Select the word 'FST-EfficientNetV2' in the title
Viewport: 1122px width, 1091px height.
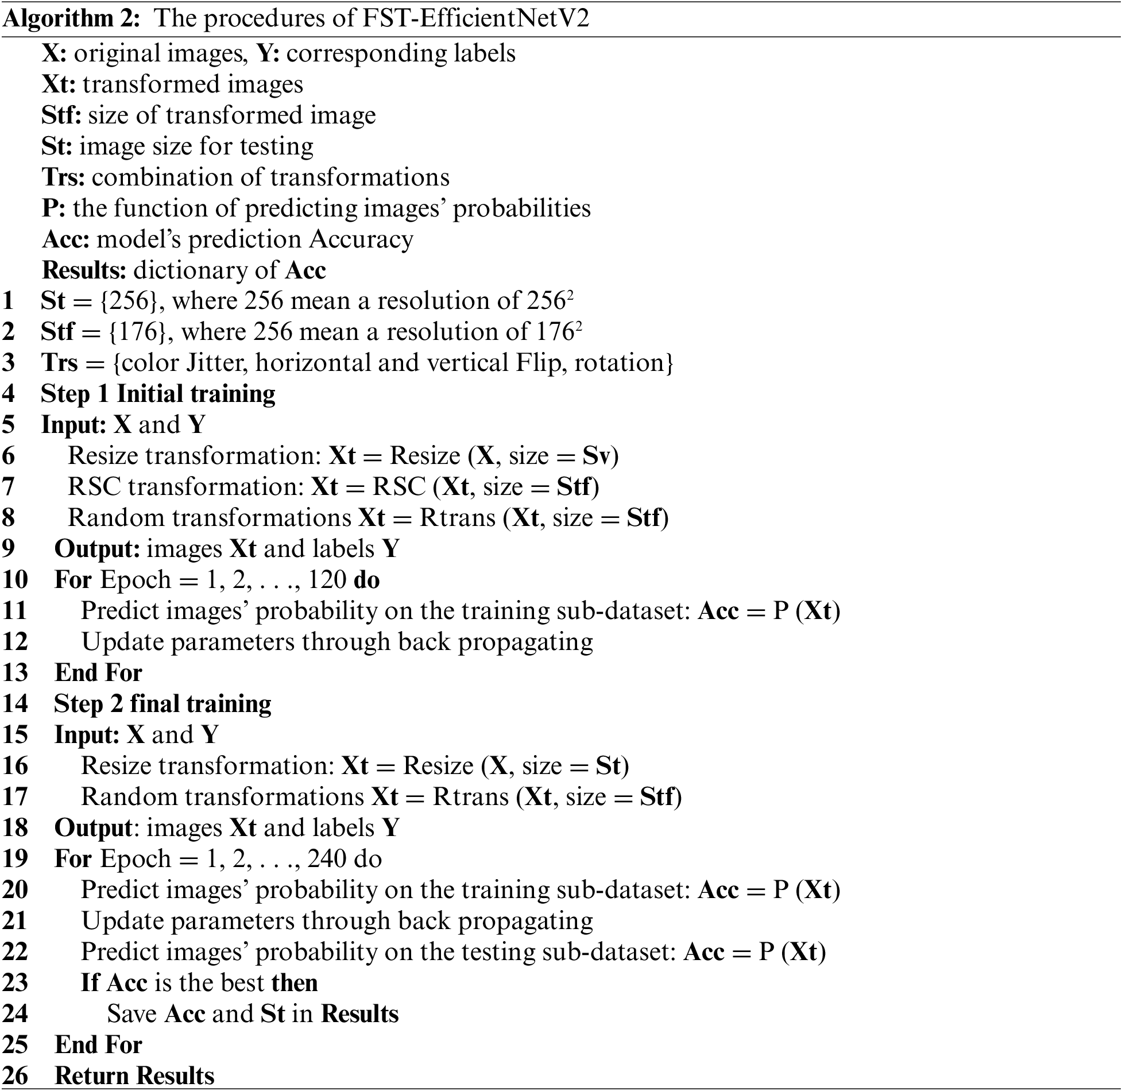coord(475,19)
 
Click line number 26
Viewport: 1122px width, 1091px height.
coord(16,1075)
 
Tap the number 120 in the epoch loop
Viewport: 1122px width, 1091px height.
coord(327,580)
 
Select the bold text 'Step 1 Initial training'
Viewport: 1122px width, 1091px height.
coord(158,394)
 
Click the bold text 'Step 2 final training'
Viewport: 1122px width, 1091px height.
coord(163,704)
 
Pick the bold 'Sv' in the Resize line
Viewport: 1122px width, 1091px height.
coord(598,456)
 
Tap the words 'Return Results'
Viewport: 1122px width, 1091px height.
coord(134,1075)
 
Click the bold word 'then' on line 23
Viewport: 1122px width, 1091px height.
coord(295,982)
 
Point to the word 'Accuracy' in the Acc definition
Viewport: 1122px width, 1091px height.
coord(361,239)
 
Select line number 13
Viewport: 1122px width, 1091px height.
coord(16,673)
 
